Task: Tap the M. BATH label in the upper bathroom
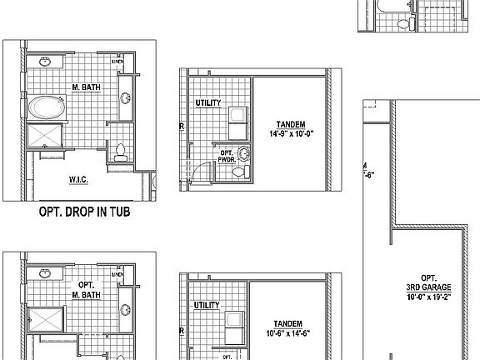86,87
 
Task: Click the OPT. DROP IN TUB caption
87,213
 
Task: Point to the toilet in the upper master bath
120,152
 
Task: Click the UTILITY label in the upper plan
207,102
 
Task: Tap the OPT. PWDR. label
224,156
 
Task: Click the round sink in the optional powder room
244,152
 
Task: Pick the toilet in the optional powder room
239,172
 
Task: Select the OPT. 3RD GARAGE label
428,282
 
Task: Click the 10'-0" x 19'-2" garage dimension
428,297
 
